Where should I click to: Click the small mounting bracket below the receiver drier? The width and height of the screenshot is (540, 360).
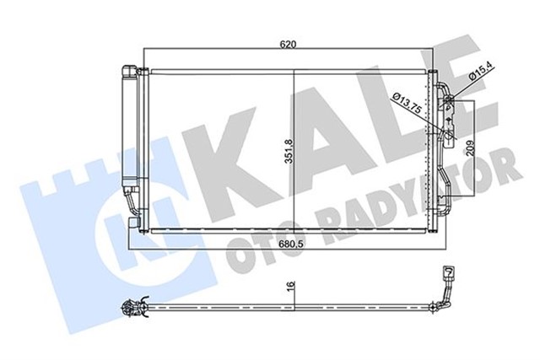tap(134, 221)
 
